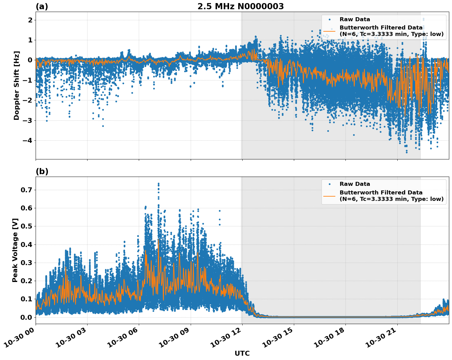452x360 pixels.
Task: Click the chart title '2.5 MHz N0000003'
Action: click(x=240, y=6)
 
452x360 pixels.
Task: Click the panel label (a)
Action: click(x=42, y=6)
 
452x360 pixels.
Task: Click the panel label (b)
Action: click(x=42, y=171)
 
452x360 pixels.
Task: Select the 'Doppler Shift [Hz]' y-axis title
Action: click(x=17, y=85)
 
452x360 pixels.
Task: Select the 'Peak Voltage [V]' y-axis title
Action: click(x=15, y=250)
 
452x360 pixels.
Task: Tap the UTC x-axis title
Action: click(x=242, y=353)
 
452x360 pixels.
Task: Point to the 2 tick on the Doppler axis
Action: click(x=30, y=20)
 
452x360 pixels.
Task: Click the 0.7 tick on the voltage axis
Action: click(x=26, y=190)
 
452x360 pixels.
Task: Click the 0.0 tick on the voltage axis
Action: click(x=26, y=317)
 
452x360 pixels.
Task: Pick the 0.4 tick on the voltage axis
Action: click(x=26, y=245)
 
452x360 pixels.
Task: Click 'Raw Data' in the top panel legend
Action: click(x=355, y=19)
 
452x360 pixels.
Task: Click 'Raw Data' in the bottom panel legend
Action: click(x=355, y=184)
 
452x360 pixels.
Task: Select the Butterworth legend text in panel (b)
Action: click(x=391, y=196)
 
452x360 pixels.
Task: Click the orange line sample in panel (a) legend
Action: click(x=329, y=31)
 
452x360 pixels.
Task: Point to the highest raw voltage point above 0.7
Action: click(x=158, y=184)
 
